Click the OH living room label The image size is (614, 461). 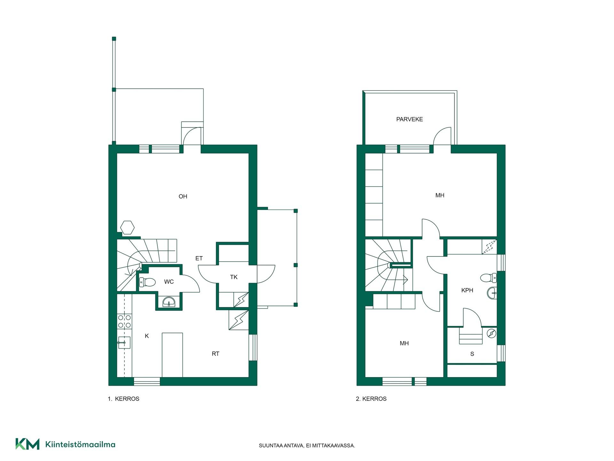[183, 197]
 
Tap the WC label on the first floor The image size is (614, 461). [169, 282]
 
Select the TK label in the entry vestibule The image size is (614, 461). [234, 277]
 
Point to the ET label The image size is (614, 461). [199, 258]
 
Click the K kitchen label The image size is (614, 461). [147, 336]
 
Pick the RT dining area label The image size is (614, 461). [216, 354]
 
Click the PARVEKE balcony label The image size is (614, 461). [410, 119]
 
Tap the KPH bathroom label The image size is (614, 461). [467, 290]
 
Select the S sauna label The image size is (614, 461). [472, 354]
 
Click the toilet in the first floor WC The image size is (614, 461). [147, 282]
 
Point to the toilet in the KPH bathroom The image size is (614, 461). [488, 278]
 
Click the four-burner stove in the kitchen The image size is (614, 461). [124, 321]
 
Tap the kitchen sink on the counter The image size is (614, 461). [124, 343]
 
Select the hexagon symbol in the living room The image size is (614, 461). [127, 228]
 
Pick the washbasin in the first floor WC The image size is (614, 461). [169, 302]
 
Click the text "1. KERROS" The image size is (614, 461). [123, 399]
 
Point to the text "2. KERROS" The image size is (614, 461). [371, 399]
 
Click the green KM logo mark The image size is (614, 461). [28, 444]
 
